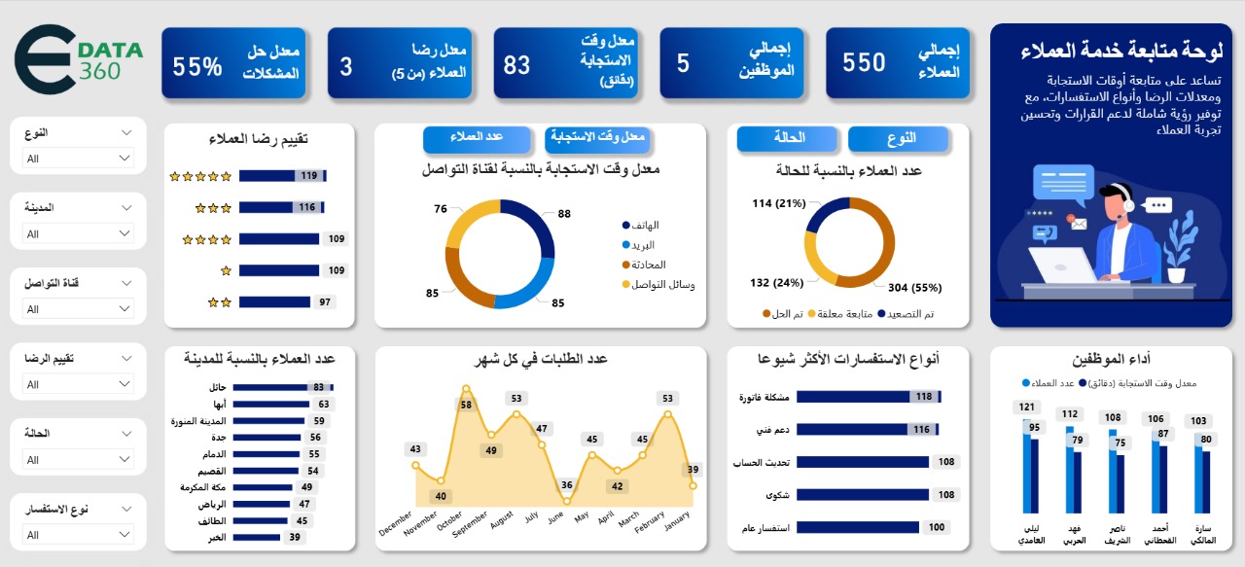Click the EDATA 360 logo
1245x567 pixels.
[x=79, y=59]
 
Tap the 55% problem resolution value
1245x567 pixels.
[x=233, y=63]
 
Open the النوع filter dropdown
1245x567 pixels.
[x=79, y=158]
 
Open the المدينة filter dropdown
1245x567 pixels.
[x=79, y=233]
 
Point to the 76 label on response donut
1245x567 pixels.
[x=441, y=209]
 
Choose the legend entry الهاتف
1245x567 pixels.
[x=645, y=225]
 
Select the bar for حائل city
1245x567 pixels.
[x=272, y=387]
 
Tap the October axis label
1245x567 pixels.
[x=448, y=519]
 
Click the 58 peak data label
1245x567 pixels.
[x=466, y=405]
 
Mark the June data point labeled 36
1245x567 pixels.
[x=565, y=501]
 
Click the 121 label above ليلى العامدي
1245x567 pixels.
[x=1025, y=407]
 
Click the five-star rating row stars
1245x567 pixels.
[x=200, y=176]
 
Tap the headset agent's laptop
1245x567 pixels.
[x=1062, y=265]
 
